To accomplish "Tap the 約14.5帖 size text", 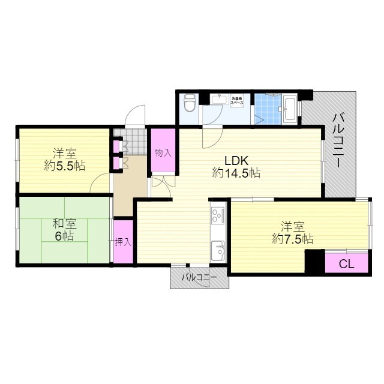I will (236, 173).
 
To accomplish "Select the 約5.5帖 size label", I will (64, 166).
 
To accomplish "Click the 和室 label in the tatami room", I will (64, 224).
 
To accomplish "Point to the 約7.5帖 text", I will (292, 239).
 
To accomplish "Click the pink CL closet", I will (346, 263).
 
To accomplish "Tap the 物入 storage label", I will (163, 153).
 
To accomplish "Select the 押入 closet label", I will (124, 242).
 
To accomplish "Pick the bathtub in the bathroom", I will (290, 109).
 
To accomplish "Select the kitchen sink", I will (217, 247).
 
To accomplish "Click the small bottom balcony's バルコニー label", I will (199, 277).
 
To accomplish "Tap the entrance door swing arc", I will (136, 116).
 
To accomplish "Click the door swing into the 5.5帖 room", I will (100, 184).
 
